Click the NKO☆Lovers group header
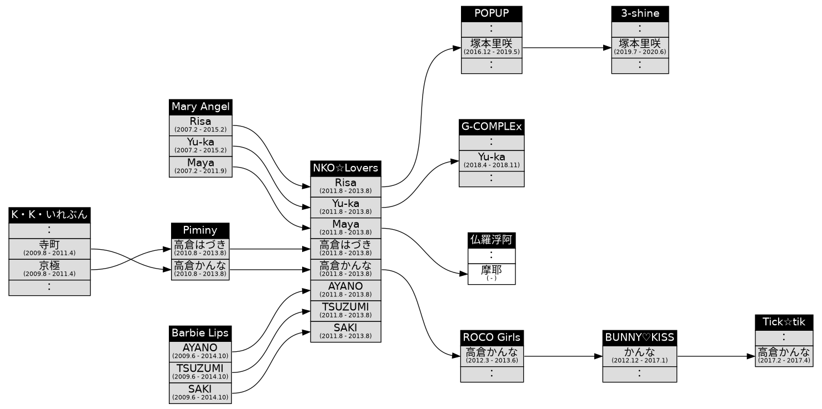[345, 168]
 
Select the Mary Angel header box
[200, 107]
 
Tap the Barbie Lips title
[200, 333]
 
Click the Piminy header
[200, 230]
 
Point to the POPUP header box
[492, 14]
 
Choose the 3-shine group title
[640, 14]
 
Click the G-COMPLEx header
[492, 127]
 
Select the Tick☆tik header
[784, 322]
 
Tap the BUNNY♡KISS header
[639, 337]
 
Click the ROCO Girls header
[492, 337]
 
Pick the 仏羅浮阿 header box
[492, 240]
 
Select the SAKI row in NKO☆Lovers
[345, 331]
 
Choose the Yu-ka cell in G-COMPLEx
[492, 160]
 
